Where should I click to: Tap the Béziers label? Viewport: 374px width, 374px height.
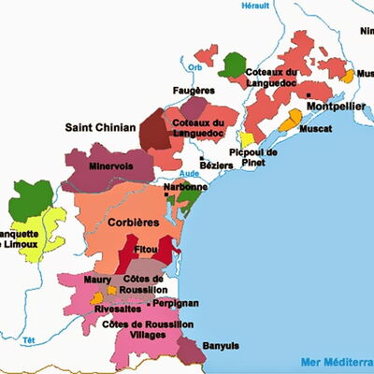pos(218,164)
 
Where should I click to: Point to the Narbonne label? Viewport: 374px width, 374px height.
pos(185,187)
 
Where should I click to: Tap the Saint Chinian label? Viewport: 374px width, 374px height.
pos(100,126)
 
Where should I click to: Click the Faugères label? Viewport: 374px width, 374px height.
pos(194,90)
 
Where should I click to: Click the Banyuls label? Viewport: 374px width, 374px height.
pos(229,342)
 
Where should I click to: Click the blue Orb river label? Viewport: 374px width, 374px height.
pos(194,67)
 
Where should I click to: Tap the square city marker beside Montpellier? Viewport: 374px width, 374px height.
pos(308,94)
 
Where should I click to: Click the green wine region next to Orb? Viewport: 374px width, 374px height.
pos(231,65)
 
